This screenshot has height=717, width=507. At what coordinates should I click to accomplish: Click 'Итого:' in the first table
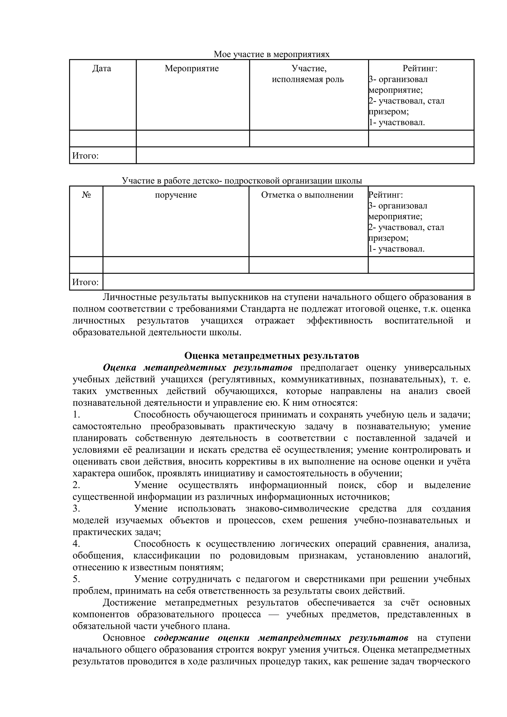tap(85, 156)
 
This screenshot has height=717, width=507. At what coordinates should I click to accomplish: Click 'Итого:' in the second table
tap(85, 282)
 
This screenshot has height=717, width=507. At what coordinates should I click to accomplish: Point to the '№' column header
tap(86, 195)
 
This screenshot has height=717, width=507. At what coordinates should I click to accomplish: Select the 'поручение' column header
tap(176, 195)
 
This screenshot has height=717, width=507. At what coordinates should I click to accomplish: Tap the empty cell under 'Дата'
tap(103, 138)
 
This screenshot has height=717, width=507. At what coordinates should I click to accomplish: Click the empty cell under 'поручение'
tap(176, 265)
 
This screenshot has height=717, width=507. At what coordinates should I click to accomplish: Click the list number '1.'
tap(76, 414)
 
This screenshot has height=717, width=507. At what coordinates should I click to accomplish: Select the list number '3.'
tap(76, 508)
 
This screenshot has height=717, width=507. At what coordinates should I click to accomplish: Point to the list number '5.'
tap(76, 579)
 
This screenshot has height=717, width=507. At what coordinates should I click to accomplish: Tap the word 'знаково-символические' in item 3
tap(297, 508)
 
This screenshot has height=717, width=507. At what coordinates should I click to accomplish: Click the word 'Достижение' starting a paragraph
tap(129, 602)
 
